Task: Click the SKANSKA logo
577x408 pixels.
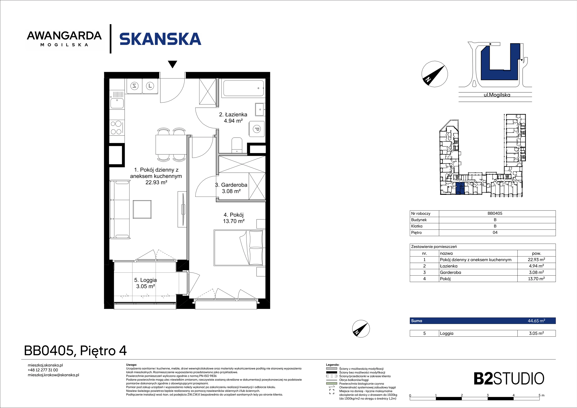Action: (x=160, y=39)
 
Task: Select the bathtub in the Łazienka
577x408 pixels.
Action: (x=243, y=88)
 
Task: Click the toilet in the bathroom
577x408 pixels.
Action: (x=236, y=145)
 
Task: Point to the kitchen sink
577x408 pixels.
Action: (x=117, y=103)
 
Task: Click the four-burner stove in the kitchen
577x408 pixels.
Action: (x=116, y=128)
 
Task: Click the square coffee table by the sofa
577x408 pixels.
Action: (x=142, y=209)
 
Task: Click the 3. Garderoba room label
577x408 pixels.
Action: (x=231, y=188)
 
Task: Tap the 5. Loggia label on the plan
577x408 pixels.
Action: (x=146, y=283)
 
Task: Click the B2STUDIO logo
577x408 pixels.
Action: (x=509, y=379)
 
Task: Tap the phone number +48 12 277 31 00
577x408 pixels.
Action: (x=43, y=370)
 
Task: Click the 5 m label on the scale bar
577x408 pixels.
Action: (x=541, y=395)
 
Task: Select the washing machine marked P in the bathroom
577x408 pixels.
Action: (x=257, y=129)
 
